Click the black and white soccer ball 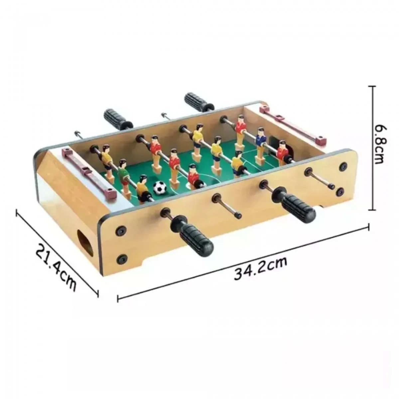(160, 188)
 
